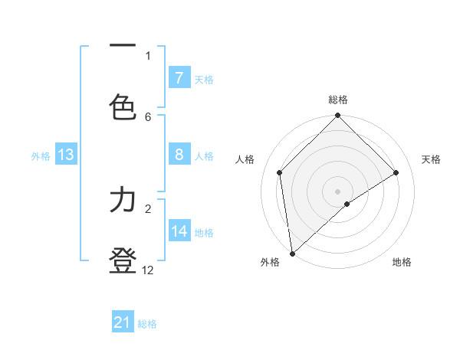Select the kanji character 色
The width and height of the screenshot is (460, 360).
click(x=123, y=108)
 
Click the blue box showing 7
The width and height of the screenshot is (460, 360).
click(x=179, y=78)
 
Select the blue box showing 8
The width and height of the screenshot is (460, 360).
click(x=179, y=155)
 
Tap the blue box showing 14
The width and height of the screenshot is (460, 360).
click(x=179, y=231)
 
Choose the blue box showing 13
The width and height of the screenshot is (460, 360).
click(x=66, y=155)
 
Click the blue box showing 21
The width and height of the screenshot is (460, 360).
click(x=123, y=323)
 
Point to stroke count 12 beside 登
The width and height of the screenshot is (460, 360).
click(x=148, y=270)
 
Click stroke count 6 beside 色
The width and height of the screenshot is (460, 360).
click(x=148, y=116)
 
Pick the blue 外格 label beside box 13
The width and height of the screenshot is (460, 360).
click(x=41, y=156)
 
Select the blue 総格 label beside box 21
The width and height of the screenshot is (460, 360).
click(x=147, y=324)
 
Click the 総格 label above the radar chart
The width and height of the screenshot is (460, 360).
click(x=338, y=100)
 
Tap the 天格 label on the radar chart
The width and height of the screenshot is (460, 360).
click(x=432, y=159)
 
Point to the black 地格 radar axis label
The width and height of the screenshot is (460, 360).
click(x=402, y=262)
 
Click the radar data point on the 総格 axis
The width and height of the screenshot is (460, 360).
click(x=338, y=116)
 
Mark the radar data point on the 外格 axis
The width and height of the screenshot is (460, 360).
click(x=291, y=253)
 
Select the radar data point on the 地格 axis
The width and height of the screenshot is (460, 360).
click(x=347, y=204)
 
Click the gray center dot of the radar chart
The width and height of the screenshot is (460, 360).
click(x=338, y=191)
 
